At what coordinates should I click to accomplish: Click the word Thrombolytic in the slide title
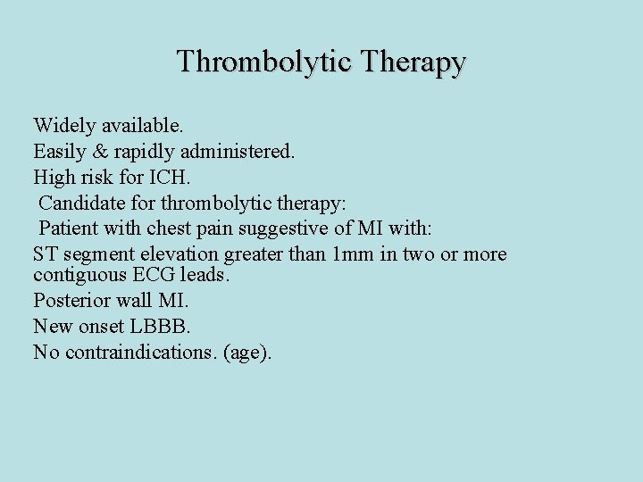click(253, 62)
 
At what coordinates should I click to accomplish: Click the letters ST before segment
click(45, 254)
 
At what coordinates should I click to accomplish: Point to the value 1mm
click(350, 254)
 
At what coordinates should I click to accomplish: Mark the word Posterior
click(69, 302)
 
